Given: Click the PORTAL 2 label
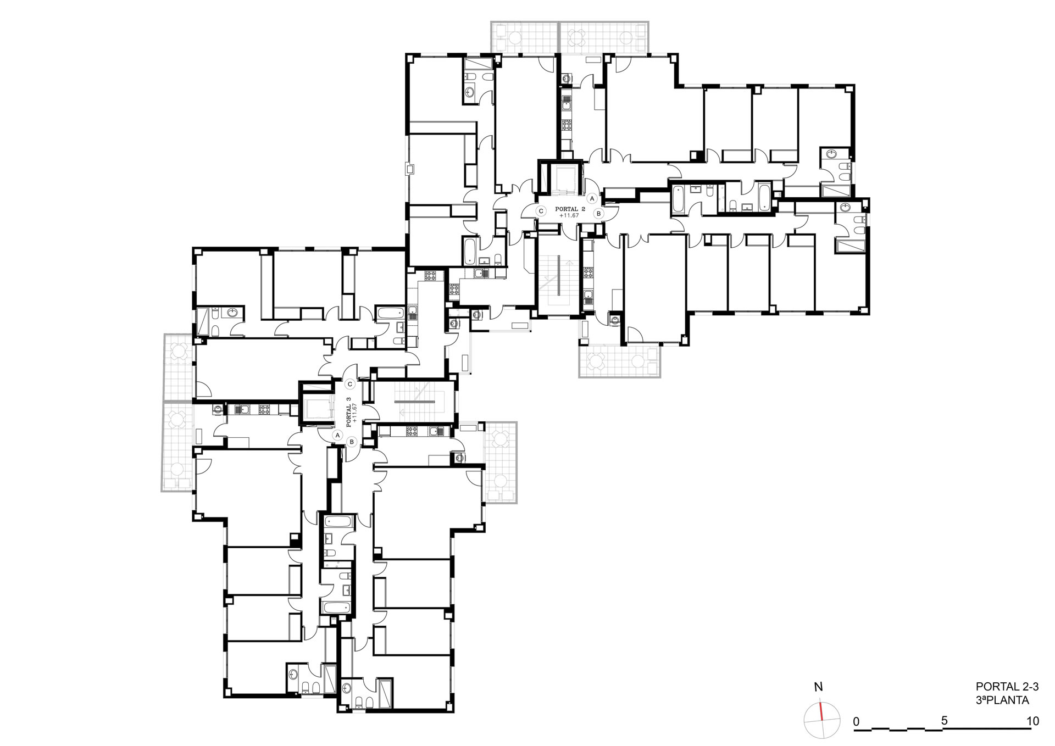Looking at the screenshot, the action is tap(570, 209).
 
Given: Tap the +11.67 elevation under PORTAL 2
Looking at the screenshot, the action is tap(569, 216).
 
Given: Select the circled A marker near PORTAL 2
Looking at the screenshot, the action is tap(592, 198).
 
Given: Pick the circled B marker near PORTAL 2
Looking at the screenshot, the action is tap(599, 213).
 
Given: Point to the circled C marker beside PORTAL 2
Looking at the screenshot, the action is tap(541, 211).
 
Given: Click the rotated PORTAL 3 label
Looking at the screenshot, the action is tap(348, 412).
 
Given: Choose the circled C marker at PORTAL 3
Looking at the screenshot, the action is tap(349, 385).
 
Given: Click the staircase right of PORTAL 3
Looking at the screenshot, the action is tap(413, 403).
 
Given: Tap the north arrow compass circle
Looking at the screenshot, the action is tap(822, 719).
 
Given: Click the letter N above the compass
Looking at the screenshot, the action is tap(819, 687).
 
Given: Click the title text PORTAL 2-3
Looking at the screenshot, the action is tap(1007, 687).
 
